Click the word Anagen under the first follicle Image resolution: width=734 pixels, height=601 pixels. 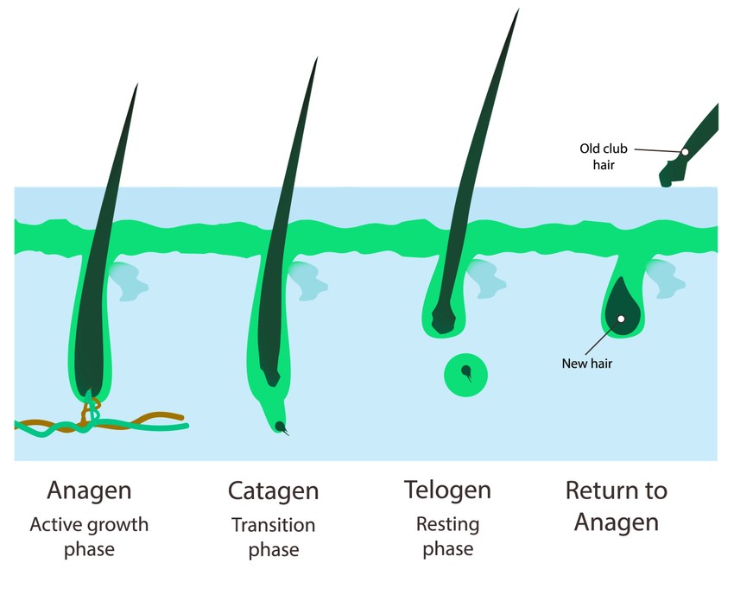(89, 491)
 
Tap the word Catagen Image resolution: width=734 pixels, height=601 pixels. (273, 492)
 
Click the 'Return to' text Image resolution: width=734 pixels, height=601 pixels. (616, 491)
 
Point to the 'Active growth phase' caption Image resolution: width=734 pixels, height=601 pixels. (89, 536)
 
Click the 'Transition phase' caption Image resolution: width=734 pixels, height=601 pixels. (273, 536)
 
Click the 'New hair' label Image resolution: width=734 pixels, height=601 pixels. (587, 364)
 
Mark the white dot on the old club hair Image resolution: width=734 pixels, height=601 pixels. (685, 152)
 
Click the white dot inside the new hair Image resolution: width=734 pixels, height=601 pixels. (620, 319)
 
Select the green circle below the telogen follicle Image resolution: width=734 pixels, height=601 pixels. (465, 375)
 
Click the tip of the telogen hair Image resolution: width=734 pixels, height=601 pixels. (518, 10)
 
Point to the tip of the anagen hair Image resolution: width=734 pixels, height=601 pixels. (136, 85)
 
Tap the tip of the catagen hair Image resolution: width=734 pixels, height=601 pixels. (317, 59)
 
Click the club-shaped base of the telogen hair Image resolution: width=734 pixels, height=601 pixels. (443, 321)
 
